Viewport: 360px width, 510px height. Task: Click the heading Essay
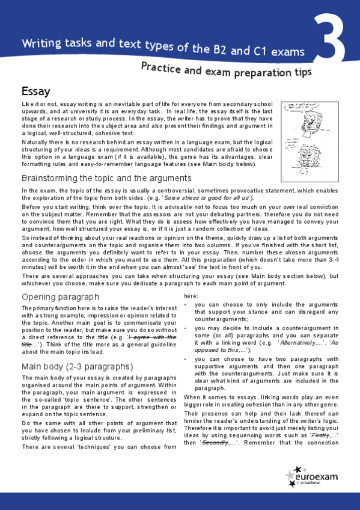click(x=35, y=91)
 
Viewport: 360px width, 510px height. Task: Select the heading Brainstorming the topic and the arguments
click(x=106, y=179)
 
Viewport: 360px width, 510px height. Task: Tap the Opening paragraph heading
click(x=60, y=297)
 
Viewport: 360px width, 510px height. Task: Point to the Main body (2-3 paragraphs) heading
click(x=76, y=366)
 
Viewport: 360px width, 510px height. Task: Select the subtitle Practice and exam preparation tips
click(x=226, y=72)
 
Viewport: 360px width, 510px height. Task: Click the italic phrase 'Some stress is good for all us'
click(x=207, y=198)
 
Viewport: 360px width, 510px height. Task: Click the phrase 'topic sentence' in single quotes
click(x=77, y=399)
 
